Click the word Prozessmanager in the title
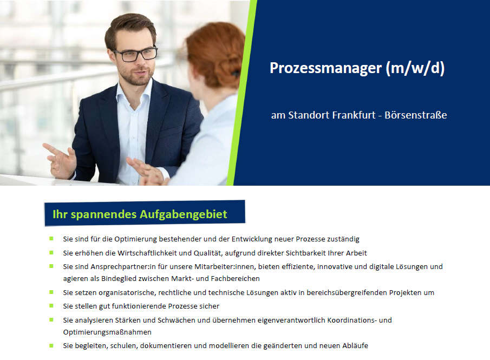point(325,68)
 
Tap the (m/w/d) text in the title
point(415,68)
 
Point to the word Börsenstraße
point(416,115)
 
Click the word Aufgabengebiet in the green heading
point(183,214)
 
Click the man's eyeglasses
point(135,54)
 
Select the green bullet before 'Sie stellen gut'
point(51,306)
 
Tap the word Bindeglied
point(119,278)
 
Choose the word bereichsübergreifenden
point(347,293)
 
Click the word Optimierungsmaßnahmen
point(107,332)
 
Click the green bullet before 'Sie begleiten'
point(51,345)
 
